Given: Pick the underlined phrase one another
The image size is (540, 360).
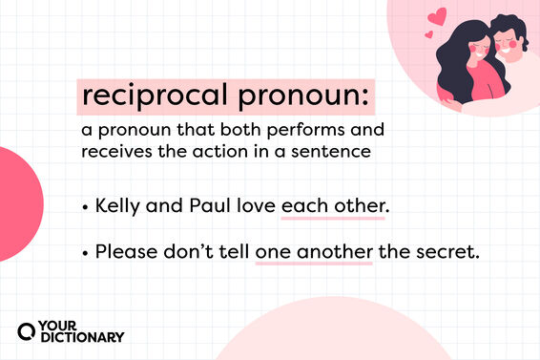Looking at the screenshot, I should tap(313, 254).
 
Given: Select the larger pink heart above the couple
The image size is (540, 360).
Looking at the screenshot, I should tap(438, 17).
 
